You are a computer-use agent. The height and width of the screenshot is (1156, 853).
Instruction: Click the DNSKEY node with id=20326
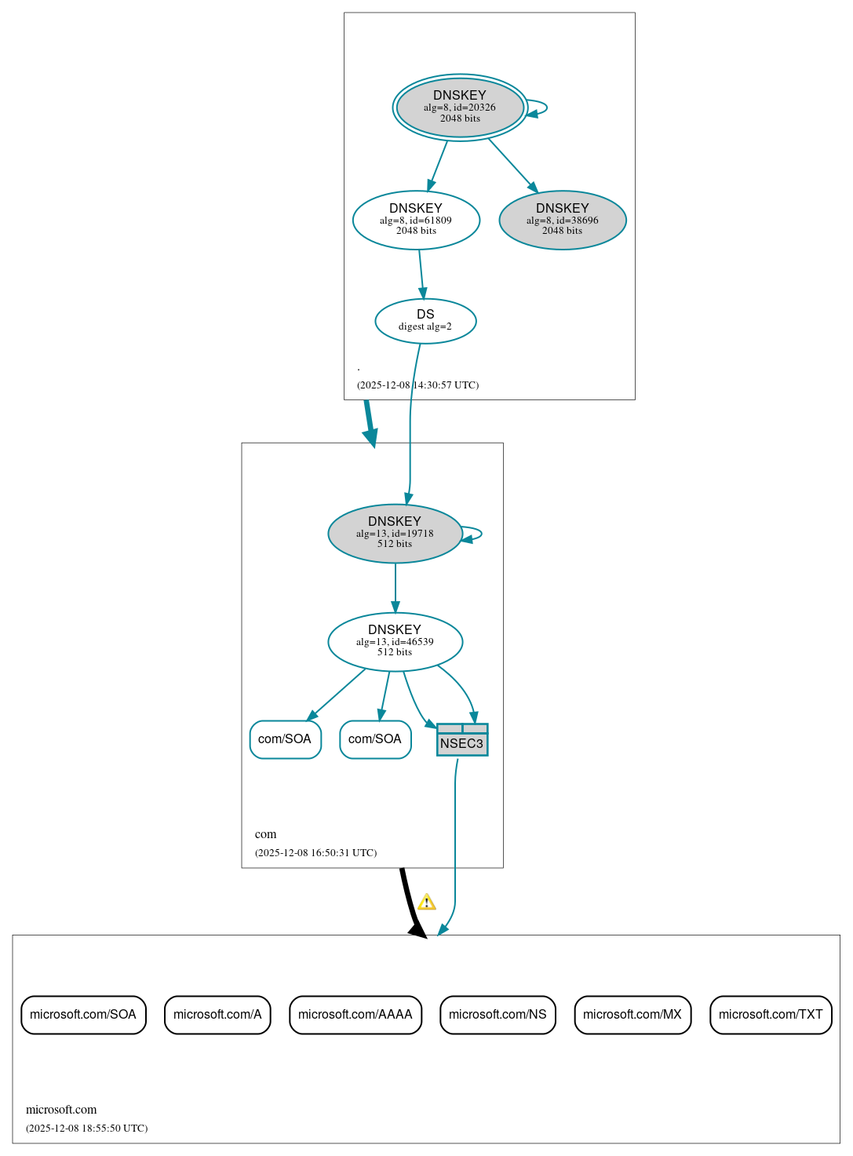click(460, 108)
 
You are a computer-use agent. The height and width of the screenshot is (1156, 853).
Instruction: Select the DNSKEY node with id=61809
click(416, 221)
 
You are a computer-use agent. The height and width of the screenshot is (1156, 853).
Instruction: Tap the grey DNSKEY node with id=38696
click(562, 221)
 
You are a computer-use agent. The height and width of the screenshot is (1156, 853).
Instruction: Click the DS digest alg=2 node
click(425, 321)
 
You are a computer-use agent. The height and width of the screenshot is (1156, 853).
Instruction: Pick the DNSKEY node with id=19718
click(395, 534)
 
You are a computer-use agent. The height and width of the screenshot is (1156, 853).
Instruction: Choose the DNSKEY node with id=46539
click(395, 642)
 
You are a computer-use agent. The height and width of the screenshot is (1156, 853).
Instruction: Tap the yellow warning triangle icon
click(426, 903)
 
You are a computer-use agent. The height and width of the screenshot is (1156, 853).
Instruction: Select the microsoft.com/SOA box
click(83, 1015)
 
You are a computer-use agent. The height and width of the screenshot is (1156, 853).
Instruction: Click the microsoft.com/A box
click(217, 1015)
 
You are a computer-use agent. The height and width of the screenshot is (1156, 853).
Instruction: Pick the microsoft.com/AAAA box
click(355, 1015)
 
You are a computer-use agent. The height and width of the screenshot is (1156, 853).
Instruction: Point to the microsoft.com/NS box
click(498, 1015)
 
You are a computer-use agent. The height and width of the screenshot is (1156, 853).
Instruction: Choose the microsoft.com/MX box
click(632, 1015)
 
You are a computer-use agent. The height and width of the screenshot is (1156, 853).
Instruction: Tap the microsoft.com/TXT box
click(771, 1015)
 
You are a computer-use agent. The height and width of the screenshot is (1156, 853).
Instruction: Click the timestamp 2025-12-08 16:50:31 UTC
click(315, 853)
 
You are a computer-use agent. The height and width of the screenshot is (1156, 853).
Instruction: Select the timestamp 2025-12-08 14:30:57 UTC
click(417, 385)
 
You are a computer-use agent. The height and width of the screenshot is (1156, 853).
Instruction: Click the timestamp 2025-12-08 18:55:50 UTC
click(86, 1129)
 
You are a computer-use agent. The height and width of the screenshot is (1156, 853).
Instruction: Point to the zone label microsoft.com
click(61, 1110)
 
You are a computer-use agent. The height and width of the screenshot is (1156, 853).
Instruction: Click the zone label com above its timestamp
click(265, 834)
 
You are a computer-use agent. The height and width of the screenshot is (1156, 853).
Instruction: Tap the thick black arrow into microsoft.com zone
click(409, 903)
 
